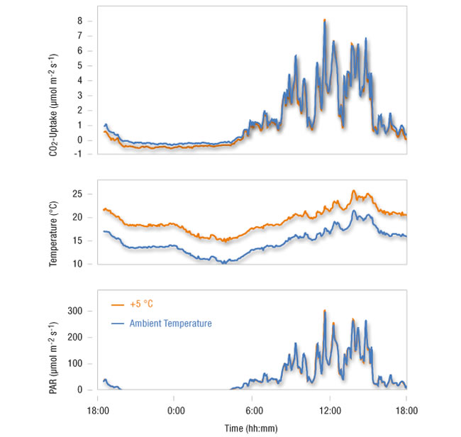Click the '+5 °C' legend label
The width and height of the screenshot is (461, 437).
[x=141, y=304]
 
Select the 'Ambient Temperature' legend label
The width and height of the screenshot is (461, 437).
[x=170, y=323]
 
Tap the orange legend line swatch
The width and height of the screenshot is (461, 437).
[x=118, y=304]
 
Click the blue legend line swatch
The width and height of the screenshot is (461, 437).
[x=118, y=323]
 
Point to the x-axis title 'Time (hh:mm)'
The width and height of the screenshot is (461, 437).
[x=252, y=428]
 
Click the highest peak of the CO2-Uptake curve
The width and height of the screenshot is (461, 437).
[x=325, y=21]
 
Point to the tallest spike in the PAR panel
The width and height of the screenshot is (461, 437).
[x=325, y=311]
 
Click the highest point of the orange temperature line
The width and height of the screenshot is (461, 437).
[x=353, y=191]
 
